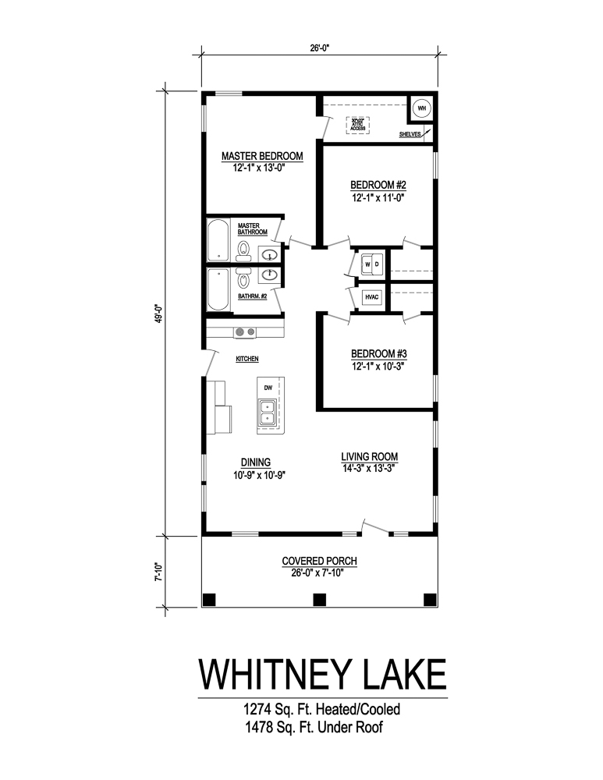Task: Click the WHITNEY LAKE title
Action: [322, 673]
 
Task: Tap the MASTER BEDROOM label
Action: [261, 156]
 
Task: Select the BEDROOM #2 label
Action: [378, 185]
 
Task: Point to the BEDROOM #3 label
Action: [378, 352]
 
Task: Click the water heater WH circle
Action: [420, 108]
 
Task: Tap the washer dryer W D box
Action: [371, 264]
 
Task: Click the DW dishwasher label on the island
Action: [268, 387]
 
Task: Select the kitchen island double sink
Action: [268, 411]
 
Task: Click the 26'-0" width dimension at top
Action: [320, 48]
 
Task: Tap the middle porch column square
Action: [318, 599]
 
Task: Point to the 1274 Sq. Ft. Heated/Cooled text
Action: [322, 710]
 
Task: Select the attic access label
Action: [358, 123]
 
